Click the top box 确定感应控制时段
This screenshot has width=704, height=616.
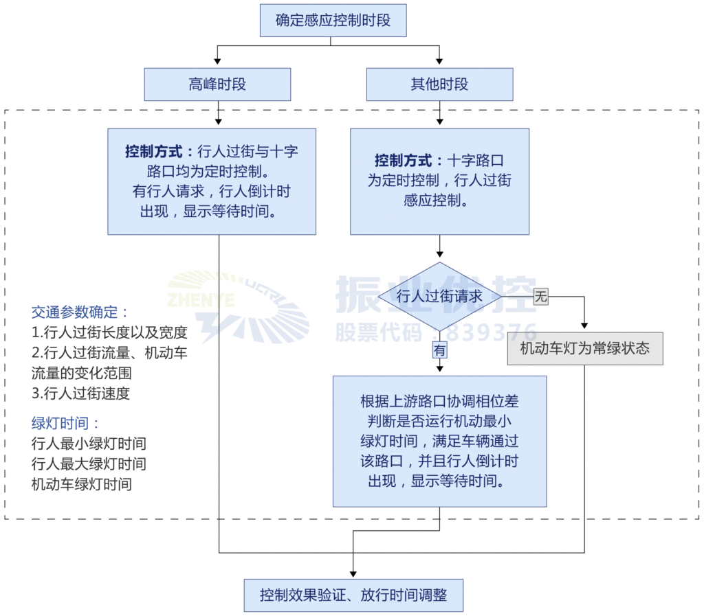coord(333,21)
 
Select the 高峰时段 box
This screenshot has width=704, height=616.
coord(217,84)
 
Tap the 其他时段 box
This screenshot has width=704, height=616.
coord(439,84)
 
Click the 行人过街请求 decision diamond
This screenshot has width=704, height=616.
coord(439,297)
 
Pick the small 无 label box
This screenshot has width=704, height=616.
coord(541,297)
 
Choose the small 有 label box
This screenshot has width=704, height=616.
coord(439,349)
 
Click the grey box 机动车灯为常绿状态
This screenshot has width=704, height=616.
coord(584,348)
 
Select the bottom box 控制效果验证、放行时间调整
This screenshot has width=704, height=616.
coord(353,595)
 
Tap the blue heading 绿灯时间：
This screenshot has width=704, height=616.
coord(66,423)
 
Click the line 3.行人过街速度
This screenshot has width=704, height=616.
coord(80,393)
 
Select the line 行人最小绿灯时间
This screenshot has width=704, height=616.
coord(89,444)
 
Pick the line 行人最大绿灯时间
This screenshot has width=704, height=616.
coord(89,464)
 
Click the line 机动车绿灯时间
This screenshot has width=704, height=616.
coord(81,484)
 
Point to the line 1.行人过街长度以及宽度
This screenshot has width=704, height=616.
coord(109,332)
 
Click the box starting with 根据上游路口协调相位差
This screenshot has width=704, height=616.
coord(439,441)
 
